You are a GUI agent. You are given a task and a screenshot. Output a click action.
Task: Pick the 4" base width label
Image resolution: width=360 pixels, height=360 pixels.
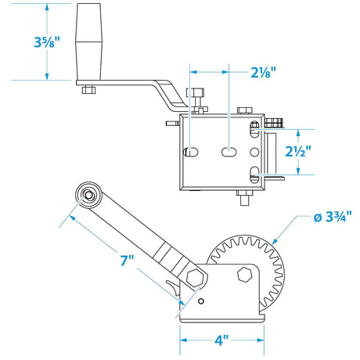pos(221,341)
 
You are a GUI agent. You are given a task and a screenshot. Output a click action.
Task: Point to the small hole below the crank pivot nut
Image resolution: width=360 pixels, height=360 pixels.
pos(201,301)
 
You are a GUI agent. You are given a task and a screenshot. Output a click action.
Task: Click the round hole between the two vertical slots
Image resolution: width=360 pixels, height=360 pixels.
pos(252,152)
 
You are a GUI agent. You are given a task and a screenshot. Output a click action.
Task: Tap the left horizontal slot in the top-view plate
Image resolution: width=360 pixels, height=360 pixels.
pos(190,152)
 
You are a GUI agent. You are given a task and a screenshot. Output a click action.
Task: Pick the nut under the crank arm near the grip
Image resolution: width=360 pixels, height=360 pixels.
pos(88,89)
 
